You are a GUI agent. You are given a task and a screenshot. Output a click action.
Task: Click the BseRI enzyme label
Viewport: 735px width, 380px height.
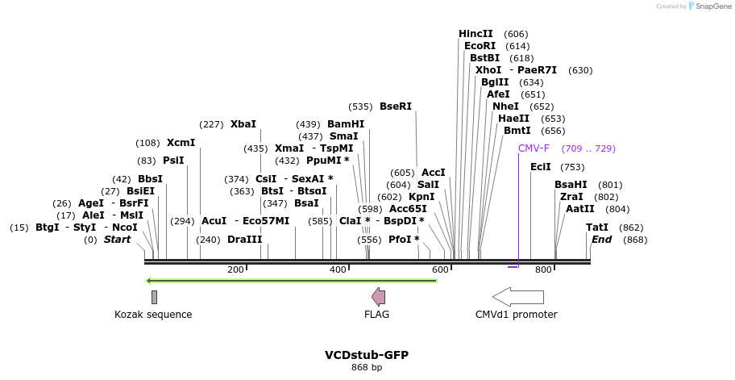click(x=396, y=106)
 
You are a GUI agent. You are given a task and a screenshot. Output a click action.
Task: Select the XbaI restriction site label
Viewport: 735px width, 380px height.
click(x=243, y=124)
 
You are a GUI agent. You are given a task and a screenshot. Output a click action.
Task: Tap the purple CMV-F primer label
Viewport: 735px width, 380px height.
click(x=534, y=148)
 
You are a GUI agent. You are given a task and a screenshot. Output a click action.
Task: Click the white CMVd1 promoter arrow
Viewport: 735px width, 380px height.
click(x=518, y=296)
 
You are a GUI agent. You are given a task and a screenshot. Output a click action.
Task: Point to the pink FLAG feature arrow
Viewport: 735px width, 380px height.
click(x=378, y=296)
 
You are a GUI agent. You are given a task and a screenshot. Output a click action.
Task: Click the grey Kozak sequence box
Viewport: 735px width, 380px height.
click(x=154, y=297)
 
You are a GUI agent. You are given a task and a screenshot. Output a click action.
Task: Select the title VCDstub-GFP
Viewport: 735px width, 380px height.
click(x=367, y=355)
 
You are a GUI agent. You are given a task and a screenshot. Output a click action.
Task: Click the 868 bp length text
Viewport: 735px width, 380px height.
click(x=367, y=368)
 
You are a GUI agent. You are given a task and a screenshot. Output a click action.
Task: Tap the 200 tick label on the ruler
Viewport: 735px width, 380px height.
click(x=235, y=269)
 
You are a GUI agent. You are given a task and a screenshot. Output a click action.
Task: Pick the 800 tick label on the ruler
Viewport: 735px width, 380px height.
click(x=543, y=269)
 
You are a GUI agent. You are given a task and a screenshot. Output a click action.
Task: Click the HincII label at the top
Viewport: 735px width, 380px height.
click(x=475, y=34)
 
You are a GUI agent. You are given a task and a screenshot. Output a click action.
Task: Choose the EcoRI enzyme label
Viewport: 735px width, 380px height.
click(x=480, y=46)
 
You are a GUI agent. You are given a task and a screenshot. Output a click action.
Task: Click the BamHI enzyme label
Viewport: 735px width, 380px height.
click(x=346, y=124)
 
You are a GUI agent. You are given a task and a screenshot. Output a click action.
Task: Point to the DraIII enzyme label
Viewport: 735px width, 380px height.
click(x=245, y=240)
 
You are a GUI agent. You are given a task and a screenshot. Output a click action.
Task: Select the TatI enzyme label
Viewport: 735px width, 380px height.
click(x=597, y=228)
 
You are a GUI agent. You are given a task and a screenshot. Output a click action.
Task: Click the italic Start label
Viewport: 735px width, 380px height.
click(x=117, y=240)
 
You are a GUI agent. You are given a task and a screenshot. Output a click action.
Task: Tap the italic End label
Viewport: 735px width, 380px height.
click(x=601, y=240)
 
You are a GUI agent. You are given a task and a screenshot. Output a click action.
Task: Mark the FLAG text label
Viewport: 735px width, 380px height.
click(x=376, y=315)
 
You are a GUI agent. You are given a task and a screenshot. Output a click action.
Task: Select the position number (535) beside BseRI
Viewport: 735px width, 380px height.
click(x=360, y=106)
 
